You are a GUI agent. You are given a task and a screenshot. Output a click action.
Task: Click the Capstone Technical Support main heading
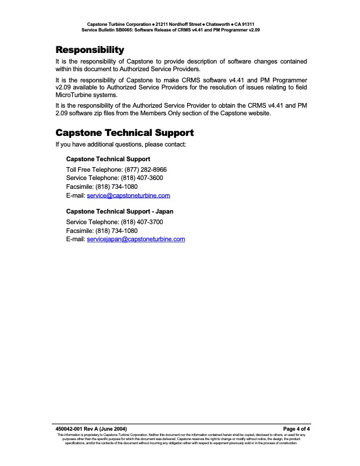pyautogui.click(x=124, y=132)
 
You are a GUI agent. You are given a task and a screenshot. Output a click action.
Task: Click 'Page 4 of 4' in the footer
pyautogui.click(x=296, y=429)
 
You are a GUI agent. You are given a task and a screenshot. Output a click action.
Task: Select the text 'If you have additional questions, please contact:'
pyautogui.click(x=121, y=144)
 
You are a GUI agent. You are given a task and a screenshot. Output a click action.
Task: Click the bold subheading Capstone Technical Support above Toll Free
pyautogui.click(x=108, y=159)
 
